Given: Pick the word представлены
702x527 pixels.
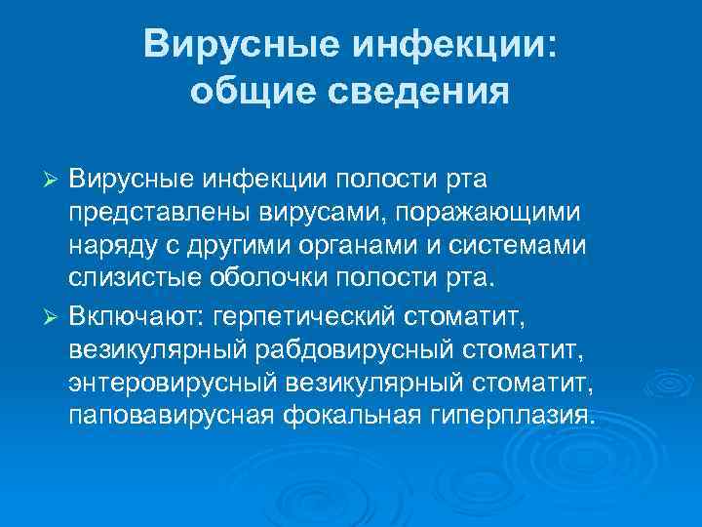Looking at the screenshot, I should (155, 212).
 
